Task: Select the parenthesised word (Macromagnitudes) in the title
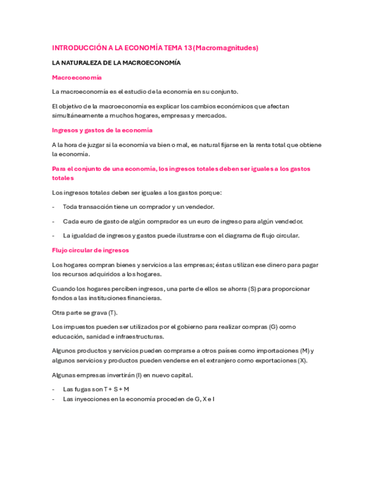226,48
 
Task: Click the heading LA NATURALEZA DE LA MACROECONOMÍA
116,63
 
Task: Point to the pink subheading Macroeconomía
77,77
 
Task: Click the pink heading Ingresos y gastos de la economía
102,130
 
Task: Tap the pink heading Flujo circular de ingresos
90,250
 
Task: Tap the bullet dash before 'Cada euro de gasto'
53,221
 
